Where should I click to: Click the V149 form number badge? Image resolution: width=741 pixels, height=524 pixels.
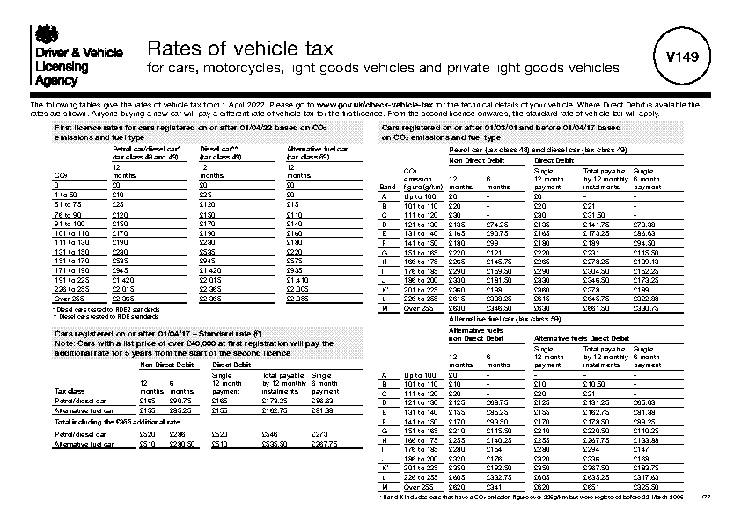681,56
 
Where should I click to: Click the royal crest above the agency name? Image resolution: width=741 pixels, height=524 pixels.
43,34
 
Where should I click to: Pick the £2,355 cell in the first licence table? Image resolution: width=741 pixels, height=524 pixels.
298,299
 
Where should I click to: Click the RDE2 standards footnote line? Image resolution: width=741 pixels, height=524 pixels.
92,310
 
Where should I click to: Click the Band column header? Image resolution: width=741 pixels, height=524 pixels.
387,188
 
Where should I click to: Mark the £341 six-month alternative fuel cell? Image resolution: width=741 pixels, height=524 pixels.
494,486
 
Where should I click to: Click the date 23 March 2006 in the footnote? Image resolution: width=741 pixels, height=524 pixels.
661,497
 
